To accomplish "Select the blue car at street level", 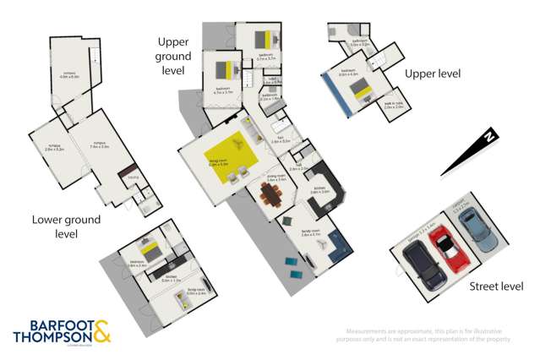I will pyautogui.click(x=475, y=226).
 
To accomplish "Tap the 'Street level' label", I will pyautogui.click(x=496, y=286).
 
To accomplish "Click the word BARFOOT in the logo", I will pyautogui.click(x=49, y=325).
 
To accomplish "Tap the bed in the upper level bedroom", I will pyautogui.click(x=358, y=89).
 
